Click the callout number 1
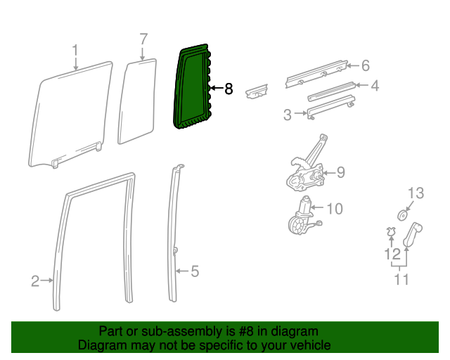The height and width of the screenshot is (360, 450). [x=75, y=50]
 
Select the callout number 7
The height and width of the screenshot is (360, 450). [x=143, y=39]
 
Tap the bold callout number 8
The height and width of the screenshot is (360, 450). [x=228, y=89]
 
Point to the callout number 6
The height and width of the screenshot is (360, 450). [x=365, y=66]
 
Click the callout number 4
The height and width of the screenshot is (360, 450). [x=375, y=86]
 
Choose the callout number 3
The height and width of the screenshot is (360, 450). [x=288, y=114]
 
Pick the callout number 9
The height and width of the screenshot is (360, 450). [x=340, y=172]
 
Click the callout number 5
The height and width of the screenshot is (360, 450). [x=195, y=271]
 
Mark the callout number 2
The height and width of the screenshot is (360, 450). [x=35, y=281]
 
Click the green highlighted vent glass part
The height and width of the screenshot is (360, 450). [x=191, y=88]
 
